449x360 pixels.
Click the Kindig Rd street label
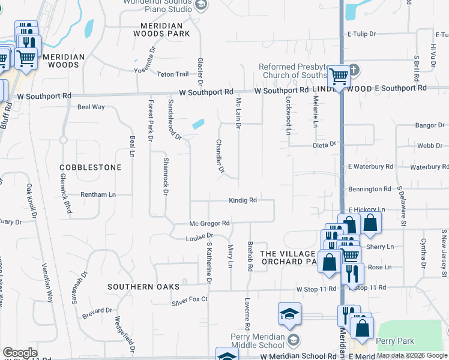[243, 200]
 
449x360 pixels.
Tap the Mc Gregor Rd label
[210, 223]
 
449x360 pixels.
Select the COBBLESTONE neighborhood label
[90, 167]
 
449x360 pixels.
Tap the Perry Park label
[395, 341]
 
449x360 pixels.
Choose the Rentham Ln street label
[99, 195]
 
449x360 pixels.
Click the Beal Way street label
[91, 107]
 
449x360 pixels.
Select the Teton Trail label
[173, 74]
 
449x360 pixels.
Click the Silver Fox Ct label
[190, 299]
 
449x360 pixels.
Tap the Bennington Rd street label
[370, 189]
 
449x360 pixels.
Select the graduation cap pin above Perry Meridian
[289, 314]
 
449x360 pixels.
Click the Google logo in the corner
[20, 353]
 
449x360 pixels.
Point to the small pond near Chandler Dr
[197, 124]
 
